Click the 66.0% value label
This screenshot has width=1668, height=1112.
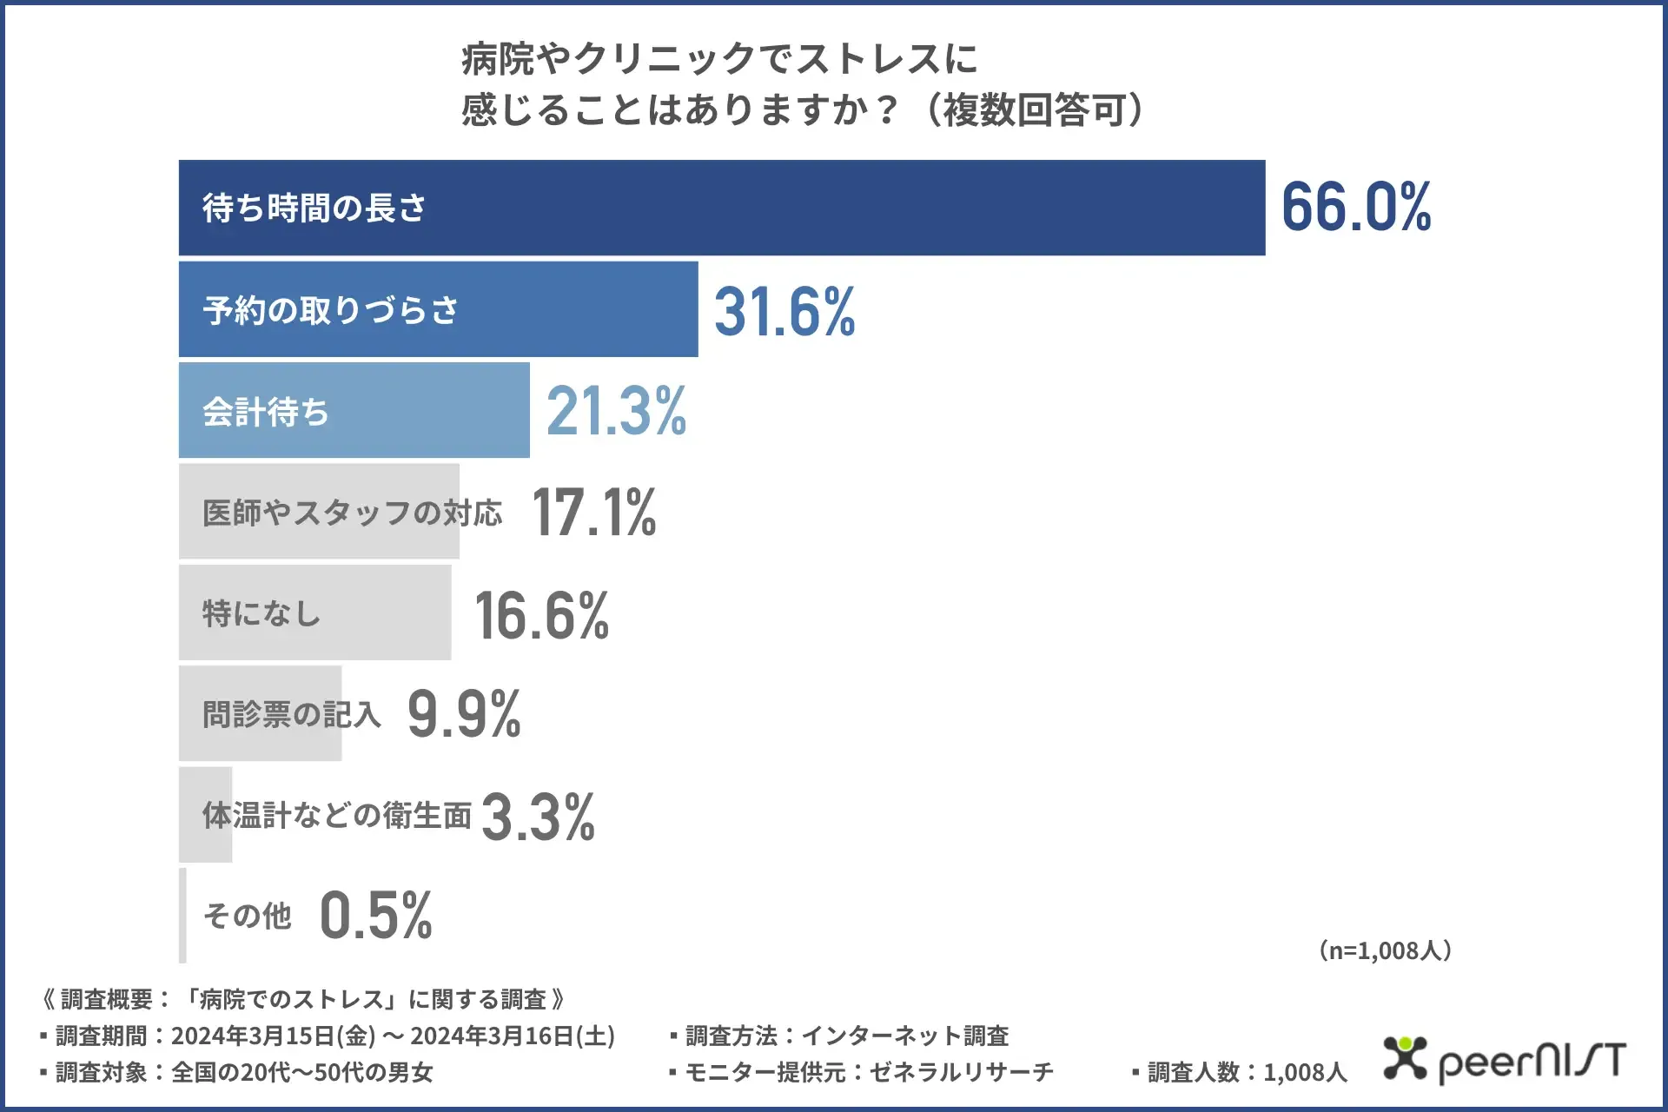coord(1356,208)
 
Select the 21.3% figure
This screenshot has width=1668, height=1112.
coord(616,411)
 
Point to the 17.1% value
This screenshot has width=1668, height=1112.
coord(594,513)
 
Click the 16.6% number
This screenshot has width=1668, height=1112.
coord(542,615)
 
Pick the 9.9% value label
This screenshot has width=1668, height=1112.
coord(464,715)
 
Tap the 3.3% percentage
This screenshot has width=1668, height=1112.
coord(538,817)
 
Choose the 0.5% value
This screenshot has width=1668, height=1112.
coord(375,916)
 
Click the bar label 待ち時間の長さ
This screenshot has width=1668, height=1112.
coord(314,208)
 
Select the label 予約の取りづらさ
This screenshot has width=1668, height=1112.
coord(331,310)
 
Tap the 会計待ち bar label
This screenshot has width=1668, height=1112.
coord(266,412)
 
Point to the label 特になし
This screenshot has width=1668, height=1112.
coord(261,614)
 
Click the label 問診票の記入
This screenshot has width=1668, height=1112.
coord(292,715)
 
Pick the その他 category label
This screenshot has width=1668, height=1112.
coord(248,916)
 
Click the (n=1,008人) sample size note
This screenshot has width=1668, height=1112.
coord(1385,950)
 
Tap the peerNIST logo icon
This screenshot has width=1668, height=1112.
coord(1405,1057)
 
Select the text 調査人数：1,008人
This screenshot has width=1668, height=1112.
coord(1247,1073)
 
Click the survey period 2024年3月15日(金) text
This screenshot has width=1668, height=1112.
coord(273,1036)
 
